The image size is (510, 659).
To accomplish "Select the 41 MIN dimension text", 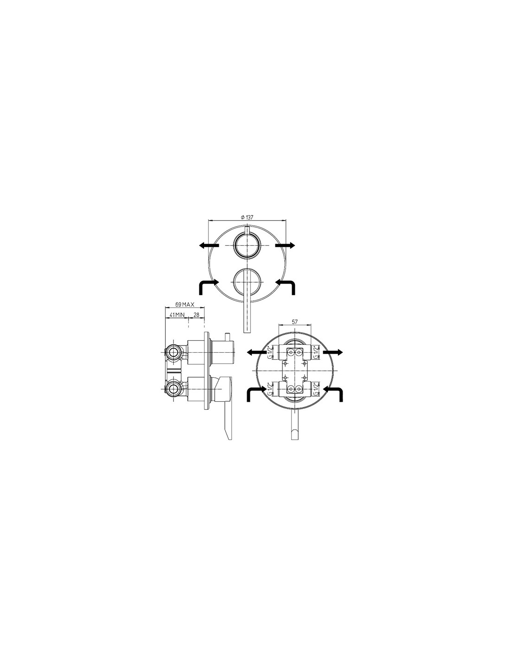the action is click(x=177, y=315).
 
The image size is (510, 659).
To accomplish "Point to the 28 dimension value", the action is click(x=196, y=315).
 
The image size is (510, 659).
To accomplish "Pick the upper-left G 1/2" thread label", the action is click(x=270, y=352).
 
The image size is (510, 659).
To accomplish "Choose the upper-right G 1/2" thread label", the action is click(x=316, y=352).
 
